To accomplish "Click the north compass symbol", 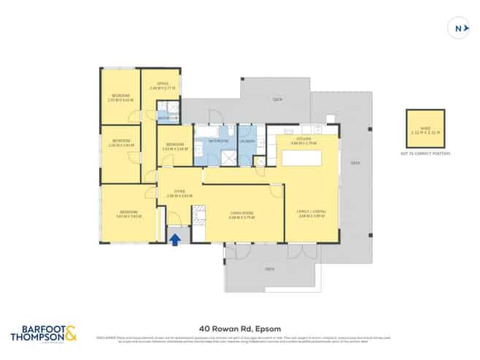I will (x=457, y=28).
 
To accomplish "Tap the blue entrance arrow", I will (x=174, y=237).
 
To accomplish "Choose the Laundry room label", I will (x=247, y=140).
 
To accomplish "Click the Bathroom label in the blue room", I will (x=218, y=140).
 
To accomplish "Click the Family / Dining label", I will (x=311, y=212).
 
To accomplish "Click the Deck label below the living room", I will (x=270, y=269).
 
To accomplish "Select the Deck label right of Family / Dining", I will (x=355, y=163).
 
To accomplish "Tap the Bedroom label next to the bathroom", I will (x=174, y=145).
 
